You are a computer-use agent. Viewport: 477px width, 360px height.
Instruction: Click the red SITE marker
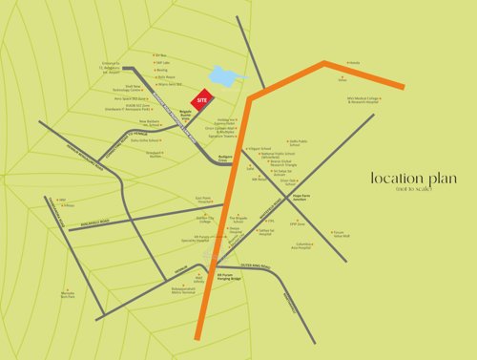click(202, 98)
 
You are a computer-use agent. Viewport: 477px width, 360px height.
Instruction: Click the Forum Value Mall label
click(338, 233)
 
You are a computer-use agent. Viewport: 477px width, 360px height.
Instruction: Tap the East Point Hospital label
click(205, 201)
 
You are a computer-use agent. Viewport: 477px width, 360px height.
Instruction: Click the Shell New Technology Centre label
click(130, 89)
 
